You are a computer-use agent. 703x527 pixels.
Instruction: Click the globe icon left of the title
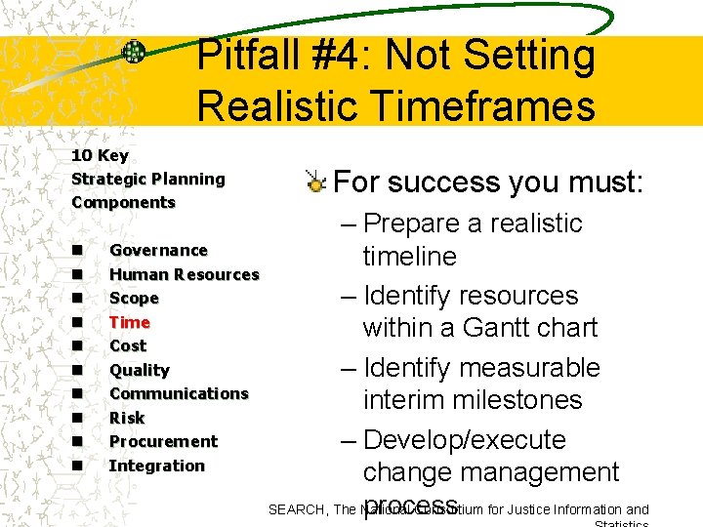pos(133,53)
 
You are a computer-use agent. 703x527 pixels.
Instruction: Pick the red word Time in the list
pos(129,322)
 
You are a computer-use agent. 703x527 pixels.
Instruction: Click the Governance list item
pos(158,251)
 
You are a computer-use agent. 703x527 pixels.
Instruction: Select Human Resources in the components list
pos(184,274)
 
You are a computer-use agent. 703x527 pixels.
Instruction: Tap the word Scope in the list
pos(134,299)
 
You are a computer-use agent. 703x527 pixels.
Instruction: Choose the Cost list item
pos(128,346)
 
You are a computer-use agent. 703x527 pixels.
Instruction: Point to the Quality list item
pos(139,370)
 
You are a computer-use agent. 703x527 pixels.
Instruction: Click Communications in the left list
pos(179,394)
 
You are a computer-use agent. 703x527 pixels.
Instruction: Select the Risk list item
pos(127,418)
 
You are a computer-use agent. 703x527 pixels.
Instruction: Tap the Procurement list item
pos(163,442)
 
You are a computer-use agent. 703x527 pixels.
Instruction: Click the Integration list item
pos(156,466)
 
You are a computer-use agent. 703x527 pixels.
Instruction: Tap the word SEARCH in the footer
pos(298,509)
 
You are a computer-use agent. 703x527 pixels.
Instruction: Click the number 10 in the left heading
pos(81,155)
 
